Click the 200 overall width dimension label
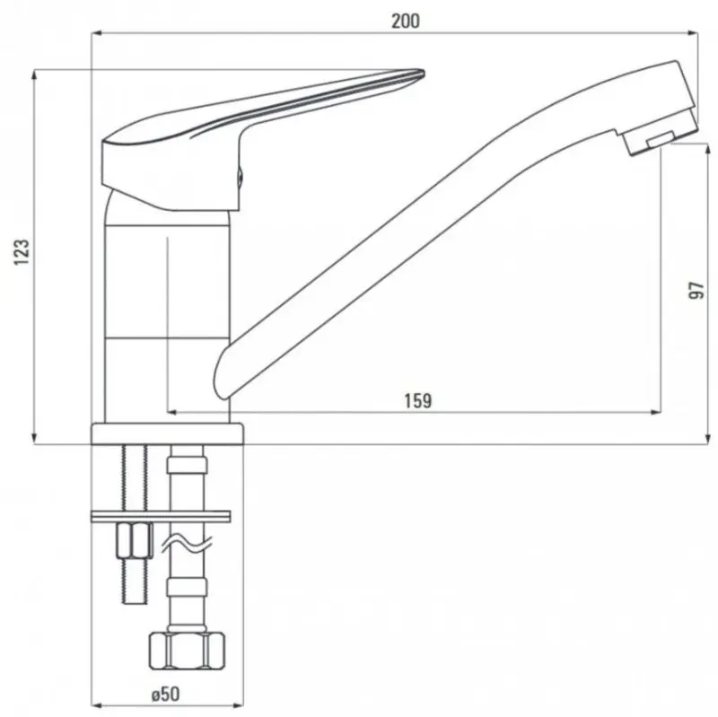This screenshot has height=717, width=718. (406, 20)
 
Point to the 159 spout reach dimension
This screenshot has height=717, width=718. (418, 399)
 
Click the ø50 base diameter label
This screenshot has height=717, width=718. (167, 694)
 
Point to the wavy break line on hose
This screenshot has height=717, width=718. (187, 543)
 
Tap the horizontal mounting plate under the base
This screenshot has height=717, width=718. (162, 515)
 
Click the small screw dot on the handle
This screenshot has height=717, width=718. (240, 178)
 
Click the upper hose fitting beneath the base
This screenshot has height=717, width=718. (187, 467)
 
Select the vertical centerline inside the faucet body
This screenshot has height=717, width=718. (168, 314)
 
